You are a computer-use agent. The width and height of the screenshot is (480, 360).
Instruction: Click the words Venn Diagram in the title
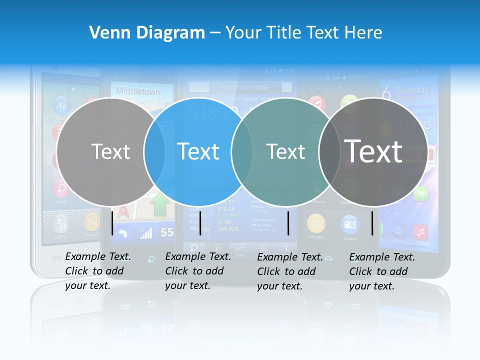coord(147,33)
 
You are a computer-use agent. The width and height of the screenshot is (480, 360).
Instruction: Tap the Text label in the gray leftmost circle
coord(110,151)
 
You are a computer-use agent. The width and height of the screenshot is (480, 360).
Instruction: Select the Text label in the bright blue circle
coord(198,151)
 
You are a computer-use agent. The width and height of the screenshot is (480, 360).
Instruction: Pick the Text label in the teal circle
coord(285,151)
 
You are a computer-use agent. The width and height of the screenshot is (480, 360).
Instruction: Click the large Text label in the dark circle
coord(373,151)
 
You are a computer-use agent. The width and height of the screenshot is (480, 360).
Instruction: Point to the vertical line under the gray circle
coord(112,222)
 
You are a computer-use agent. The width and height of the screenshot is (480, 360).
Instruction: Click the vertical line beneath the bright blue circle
coord(200,223)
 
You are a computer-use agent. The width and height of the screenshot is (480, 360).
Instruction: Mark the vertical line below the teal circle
coord(288,223)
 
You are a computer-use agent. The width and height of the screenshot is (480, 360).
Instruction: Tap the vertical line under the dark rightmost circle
coord(372,223)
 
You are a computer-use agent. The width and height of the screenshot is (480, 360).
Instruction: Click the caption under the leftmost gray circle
coord(97,271)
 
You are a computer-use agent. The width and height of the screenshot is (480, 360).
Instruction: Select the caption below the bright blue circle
coord(197,271)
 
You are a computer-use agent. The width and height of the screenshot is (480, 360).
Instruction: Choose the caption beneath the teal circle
coord(289,271)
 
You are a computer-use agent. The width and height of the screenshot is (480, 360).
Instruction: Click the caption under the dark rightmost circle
coord(381,271)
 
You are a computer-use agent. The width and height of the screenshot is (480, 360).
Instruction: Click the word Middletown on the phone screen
coord(138,91)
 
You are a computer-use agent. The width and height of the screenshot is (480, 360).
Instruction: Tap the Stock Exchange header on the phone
coord(245,87)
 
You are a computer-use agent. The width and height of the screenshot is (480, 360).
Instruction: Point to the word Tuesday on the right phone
coord(412,90)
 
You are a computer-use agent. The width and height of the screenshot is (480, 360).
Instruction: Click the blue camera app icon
coord(349,224)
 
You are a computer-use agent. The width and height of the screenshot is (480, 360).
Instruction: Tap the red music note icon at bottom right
coord(420,231)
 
